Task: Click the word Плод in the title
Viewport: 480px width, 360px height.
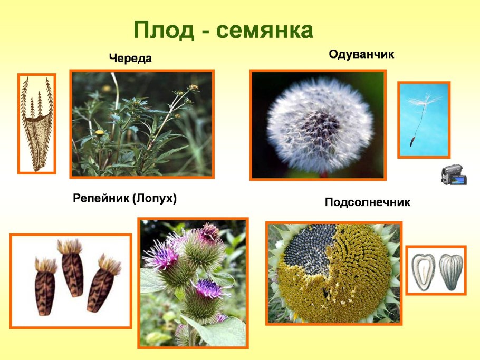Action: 164,30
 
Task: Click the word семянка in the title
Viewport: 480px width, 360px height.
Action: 264,31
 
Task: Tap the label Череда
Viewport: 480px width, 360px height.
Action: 130,59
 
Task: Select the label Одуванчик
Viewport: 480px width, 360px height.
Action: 361,55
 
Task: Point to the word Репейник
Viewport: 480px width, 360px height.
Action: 101,198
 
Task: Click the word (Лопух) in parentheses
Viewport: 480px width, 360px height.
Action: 155,199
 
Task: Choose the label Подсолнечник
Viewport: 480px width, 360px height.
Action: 367,202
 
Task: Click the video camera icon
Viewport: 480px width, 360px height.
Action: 454,174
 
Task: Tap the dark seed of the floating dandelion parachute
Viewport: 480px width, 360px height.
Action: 412,141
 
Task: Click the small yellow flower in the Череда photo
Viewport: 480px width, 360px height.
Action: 100,132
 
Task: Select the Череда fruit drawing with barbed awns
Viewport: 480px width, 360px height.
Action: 37,124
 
